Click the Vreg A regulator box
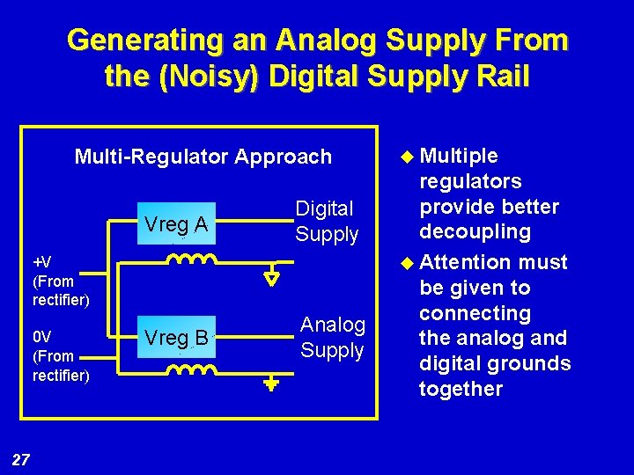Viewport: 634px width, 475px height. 176,225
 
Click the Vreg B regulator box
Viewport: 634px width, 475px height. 176,338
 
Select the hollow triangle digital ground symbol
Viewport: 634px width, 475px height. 272,278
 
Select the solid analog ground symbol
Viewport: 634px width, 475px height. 272,384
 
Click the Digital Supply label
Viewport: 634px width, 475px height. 326,222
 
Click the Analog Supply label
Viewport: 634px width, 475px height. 332,338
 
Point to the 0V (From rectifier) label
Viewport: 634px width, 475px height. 60,356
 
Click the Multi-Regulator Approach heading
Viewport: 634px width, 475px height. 203,157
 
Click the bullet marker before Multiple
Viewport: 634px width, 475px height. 407,157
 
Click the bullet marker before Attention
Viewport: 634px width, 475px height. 407,263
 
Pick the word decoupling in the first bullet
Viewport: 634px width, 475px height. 475,232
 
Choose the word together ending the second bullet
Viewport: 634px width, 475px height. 461,389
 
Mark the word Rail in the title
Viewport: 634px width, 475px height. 502,77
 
